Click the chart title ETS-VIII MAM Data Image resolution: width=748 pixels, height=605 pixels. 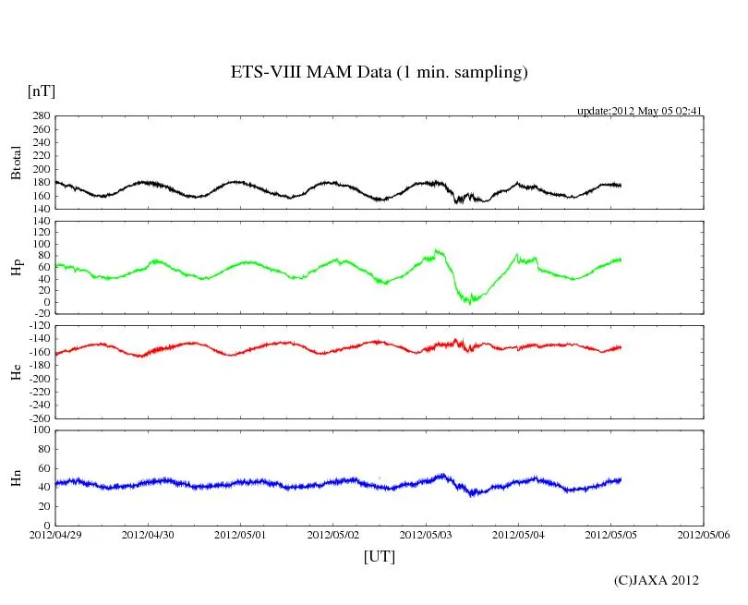[x=379, y=73]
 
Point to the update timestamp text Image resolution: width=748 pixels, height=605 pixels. [x=640, y=111]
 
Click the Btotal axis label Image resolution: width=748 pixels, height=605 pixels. [x=16, y=163]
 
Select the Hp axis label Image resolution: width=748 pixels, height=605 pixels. [x=16, y=267]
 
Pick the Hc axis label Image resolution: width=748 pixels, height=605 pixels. [x=16, y=371]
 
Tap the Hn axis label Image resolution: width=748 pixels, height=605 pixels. [x=16, y=478]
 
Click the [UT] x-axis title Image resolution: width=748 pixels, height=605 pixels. [x=379, y=556]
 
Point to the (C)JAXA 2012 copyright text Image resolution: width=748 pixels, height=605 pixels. [x=656, y=580]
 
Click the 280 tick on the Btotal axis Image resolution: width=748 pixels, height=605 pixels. [x=41, y=116]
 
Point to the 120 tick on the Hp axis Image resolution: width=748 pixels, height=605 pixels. [x=41, y=222]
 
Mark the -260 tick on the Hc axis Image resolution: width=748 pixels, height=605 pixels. [x=37, y=418]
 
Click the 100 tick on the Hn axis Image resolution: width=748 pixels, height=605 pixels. [x=41, y=430]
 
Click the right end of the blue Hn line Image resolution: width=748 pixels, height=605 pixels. [x=621, y=479]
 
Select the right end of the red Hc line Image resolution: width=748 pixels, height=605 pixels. [x=621, y=347]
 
